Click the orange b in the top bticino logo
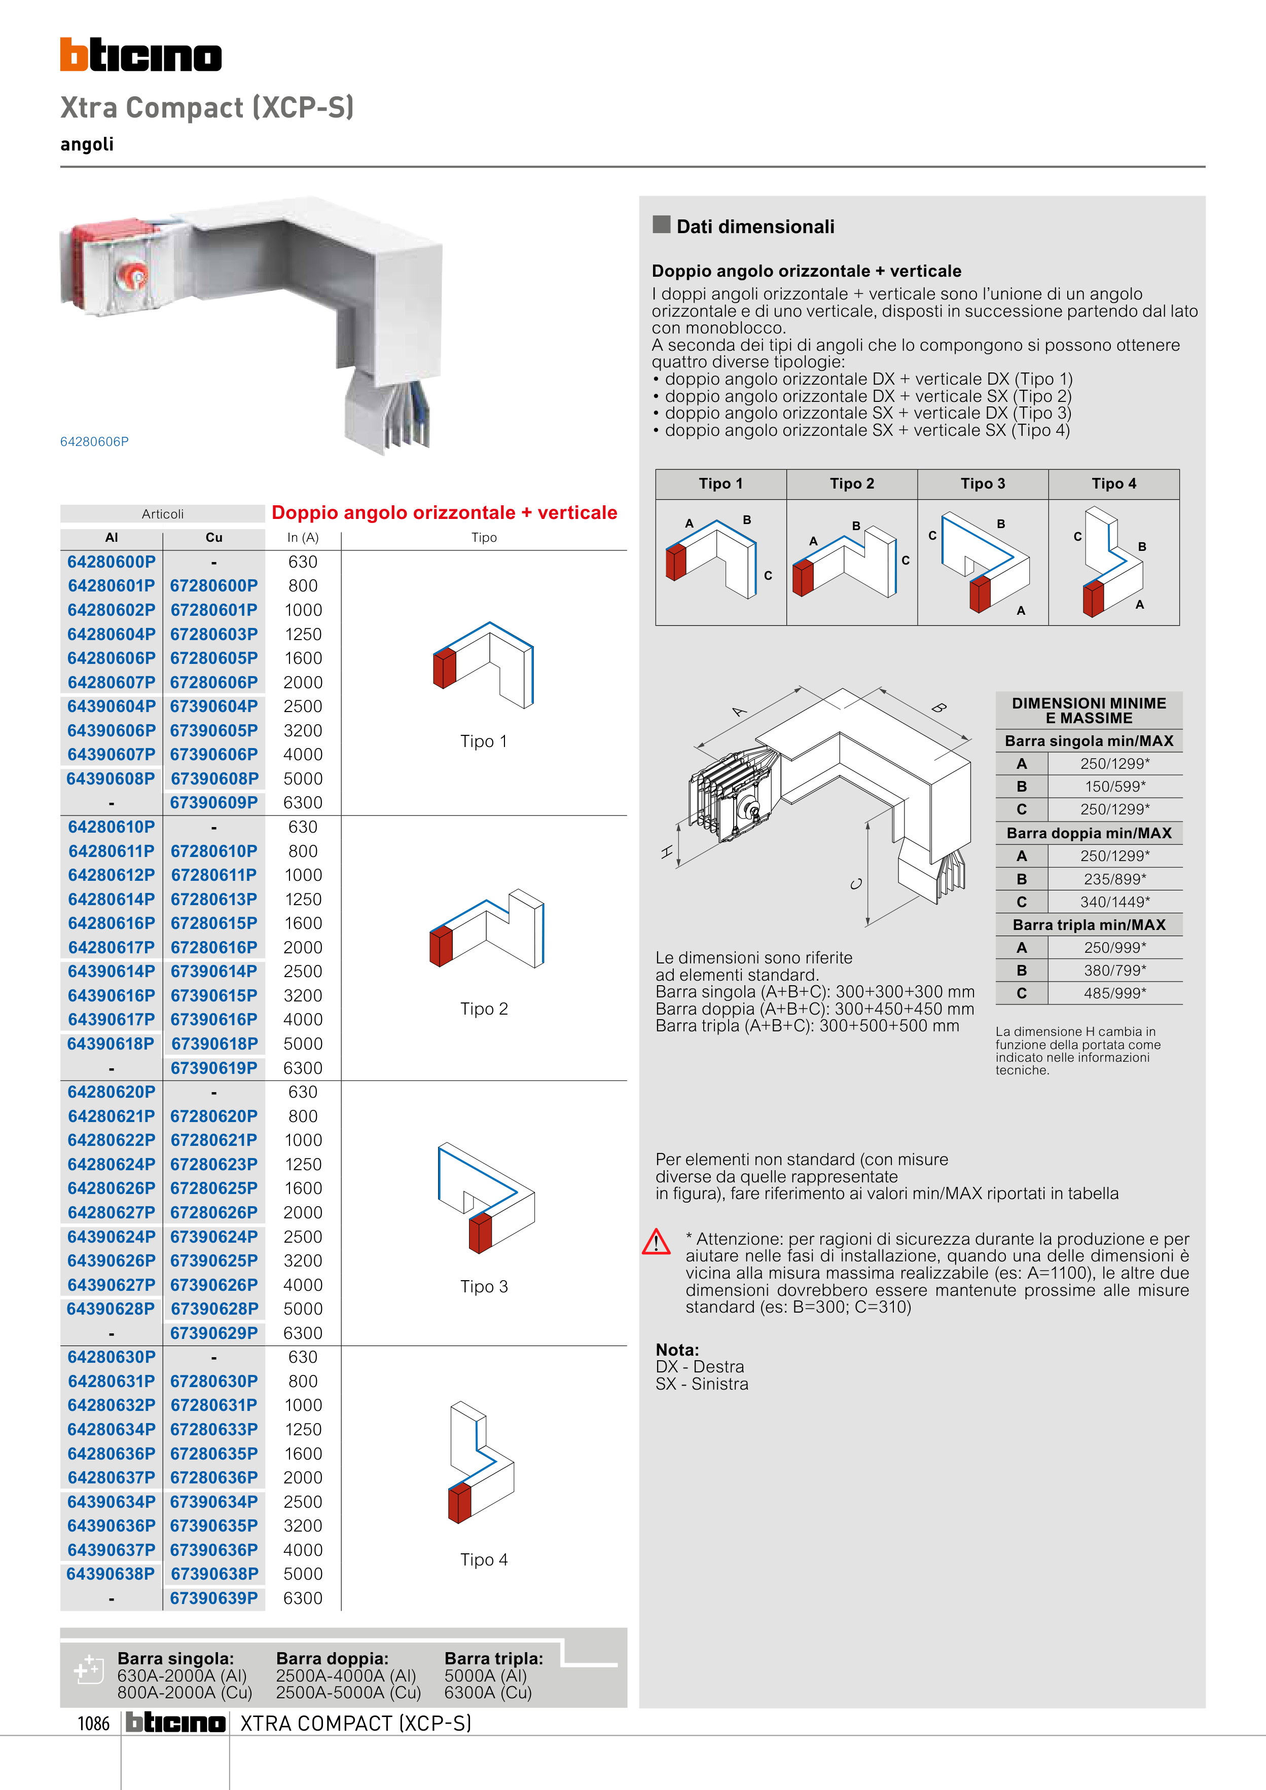click(74, 55)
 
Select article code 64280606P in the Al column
click(112, 658)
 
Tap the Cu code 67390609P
click(214, 802)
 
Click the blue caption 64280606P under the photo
click(94, 441)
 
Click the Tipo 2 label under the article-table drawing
click(484, 1009)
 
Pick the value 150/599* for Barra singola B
click(1115, 787)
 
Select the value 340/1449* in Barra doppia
click(1115, 902)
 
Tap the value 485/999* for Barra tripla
click(1115, 993)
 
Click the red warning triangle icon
click(656, 1242)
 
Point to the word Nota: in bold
click(677, 1350)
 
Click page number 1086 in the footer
click(94, 1723)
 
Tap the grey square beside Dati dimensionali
click(662, 225)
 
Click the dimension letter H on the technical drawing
click(667, 852)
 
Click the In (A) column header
click(303, 537)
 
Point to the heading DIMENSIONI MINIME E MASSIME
click(1089, 710)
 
